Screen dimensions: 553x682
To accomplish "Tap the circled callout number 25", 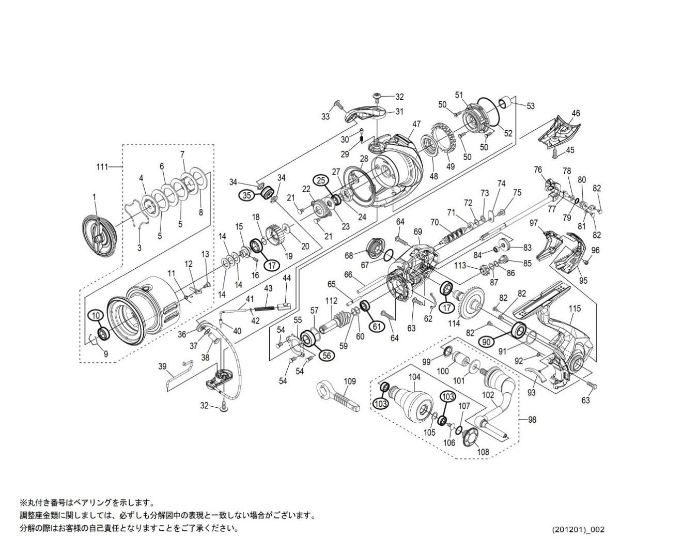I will (322, 180).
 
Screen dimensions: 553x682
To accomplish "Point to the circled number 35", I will (246, 195).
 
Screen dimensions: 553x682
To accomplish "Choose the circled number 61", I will (377, 326).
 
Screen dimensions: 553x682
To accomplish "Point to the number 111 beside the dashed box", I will (102, 166).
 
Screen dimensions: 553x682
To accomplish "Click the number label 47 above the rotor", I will (416, 124).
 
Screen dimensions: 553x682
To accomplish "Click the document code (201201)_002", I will (578, 530).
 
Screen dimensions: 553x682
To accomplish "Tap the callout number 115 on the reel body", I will (575, 309).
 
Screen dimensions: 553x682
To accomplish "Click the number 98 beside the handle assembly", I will (532, 420).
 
